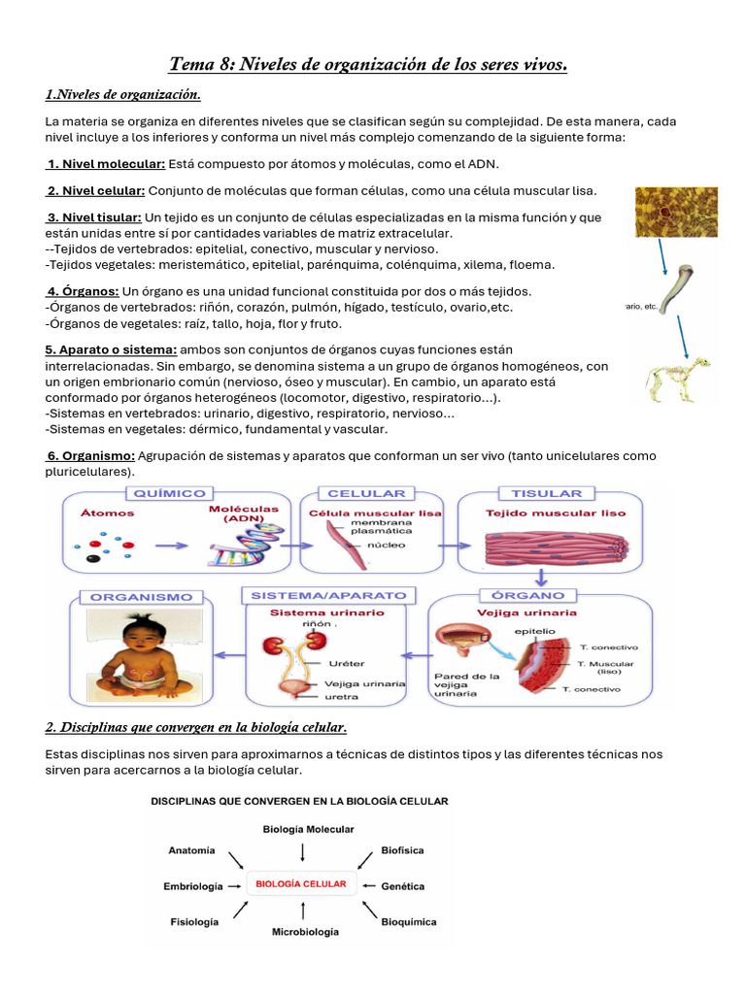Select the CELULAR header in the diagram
pos(372,494)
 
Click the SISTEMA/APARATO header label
pos(328,594)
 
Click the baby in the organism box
pos(142,655)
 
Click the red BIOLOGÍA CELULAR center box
pos(302,884)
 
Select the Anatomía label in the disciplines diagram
pos(191,850)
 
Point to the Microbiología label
pos(305,932)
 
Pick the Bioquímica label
pos(409,922)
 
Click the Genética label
pos(402,886)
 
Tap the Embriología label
pos(193,886)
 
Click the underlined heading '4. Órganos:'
pos(84,291)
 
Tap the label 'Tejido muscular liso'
pos(542,514)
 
